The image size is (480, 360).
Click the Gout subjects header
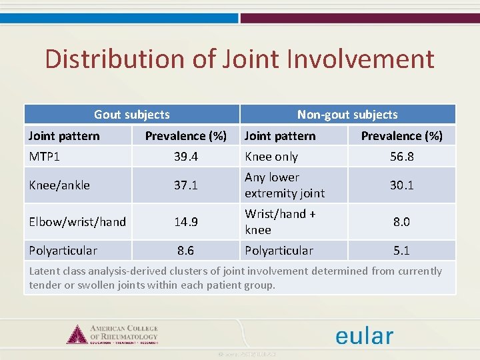point(131,115)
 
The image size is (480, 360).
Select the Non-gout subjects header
point(347,115)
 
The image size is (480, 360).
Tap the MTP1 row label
point(45,157)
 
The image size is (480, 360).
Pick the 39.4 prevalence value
point(185,157)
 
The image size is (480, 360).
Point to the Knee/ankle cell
point(60,185)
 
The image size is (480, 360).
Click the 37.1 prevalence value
point(185,185)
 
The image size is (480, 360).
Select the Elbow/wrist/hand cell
point(77,222)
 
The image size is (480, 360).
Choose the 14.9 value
point(185,222)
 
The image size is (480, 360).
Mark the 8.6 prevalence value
point(185,251)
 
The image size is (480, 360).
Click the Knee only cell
point(271,157)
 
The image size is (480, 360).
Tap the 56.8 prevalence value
point(401,157)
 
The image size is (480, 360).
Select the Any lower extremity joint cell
point(285,185)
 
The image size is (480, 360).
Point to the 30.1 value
point(401,185)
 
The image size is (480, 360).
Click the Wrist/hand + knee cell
point(280,222)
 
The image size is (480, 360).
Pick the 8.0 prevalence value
point(401,222)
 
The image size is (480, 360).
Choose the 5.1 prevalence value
point(401,251)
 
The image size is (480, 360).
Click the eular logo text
point(364,335)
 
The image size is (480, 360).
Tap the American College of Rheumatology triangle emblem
point(77,334)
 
